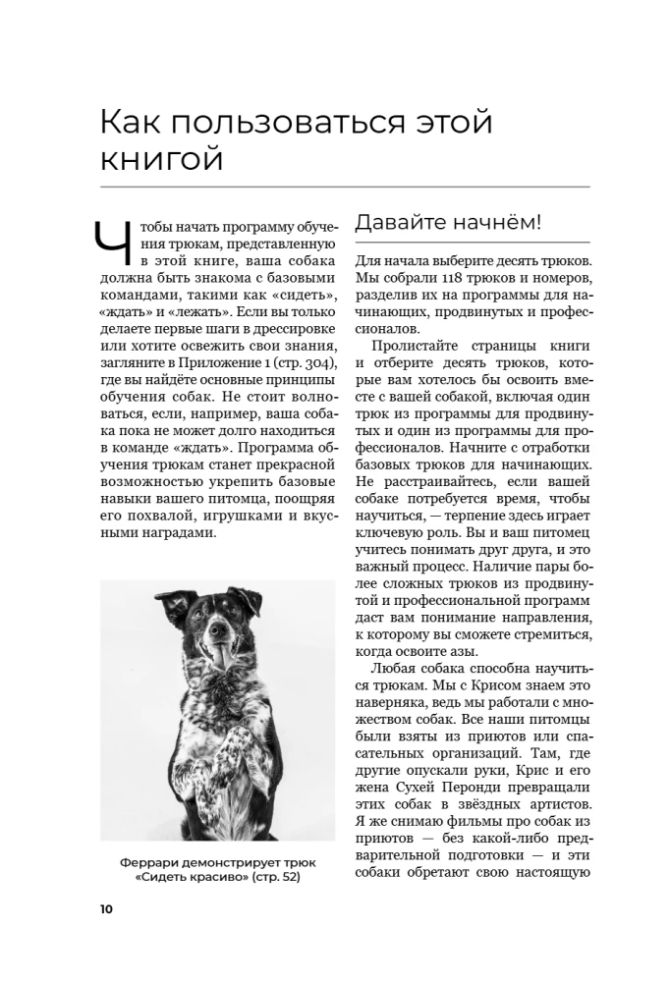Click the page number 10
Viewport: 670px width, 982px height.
106,908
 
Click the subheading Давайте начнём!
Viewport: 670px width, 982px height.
448,222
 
